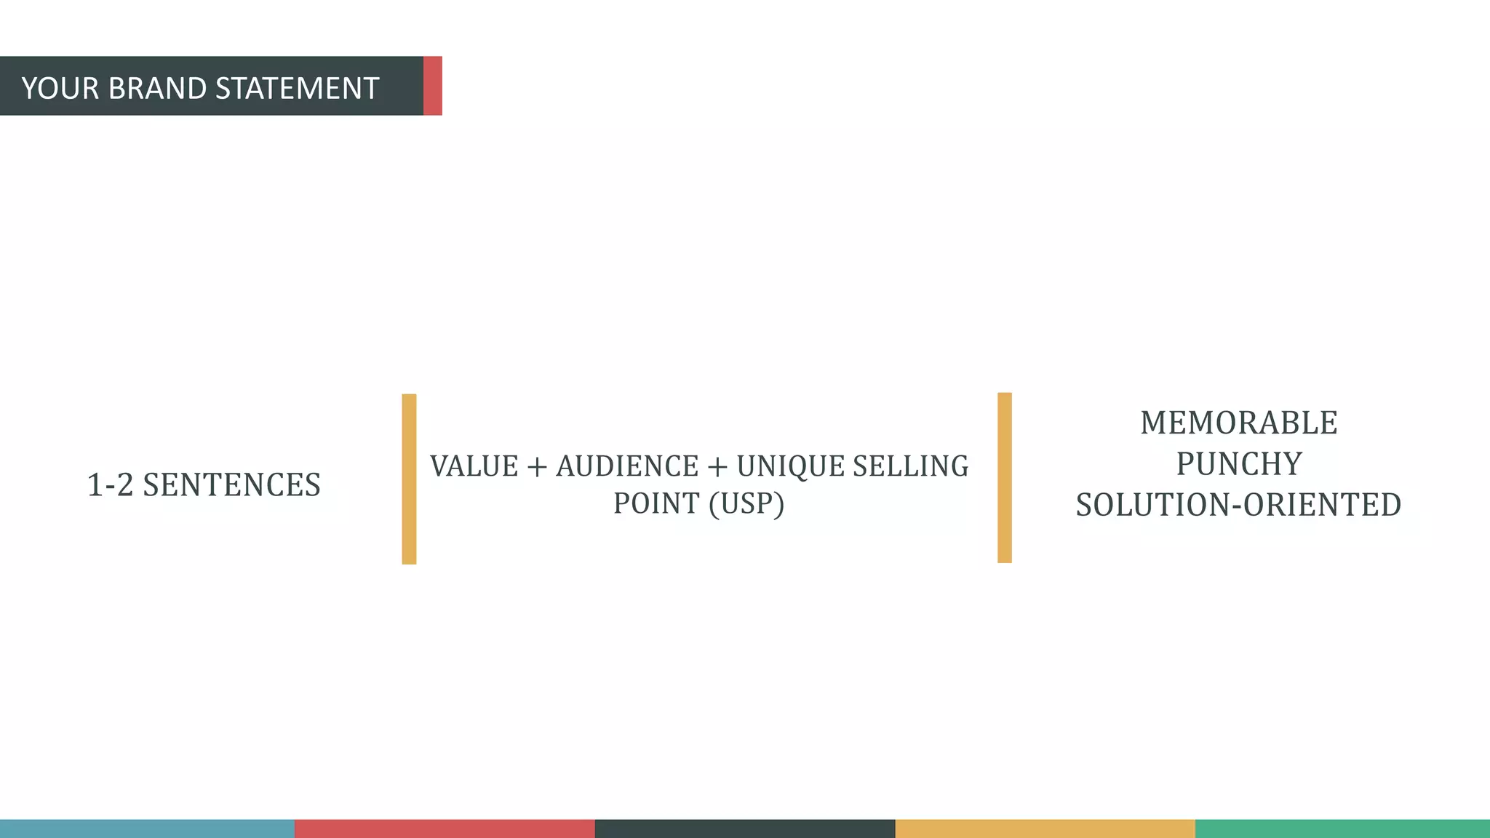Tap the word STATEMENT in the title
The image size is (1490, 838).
pyautogui.click(x=297, y=89)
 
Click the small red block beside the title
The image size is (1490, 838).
pyautogui.click(x=433, y=86)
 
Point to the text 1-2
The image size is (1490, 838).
pyautogui.click(x=110, y=485)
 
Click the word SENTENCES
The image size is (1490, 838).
pyautogui.click(x=231, y=485)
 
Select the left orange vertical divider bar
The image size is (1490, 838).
pyautogui.click(x=409, y=479)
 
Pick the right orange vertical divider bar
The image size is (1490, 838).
pyautogui.click(x=1005, y=477)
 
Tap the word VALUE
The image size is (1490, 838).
pyautogui.click(x=474, y=466)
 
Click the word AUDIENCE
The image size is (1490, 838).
pyautogui.click(x=627, y=466)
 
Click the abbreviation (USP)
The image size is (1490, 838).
pyautogui.click(x=746, y=503)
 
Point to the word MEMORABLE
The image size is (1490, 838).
pyautogui.click(x=1238, y=423)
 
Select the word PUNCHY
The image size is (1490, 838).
pyautogui.click(x=1238, y=464)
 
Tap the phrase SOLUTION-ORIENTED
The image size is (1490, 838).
pyautogui.click(x=1238, y=505)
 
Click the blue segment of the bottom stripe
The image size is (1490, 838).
pyautogui.click(x=147, y=829)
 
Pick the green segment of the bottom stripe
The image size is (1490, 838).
pyautogui.click(x=1342, y=829)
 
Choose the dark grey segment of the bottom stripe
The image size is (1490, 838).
pyautogui.click(x=745, y=829)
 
